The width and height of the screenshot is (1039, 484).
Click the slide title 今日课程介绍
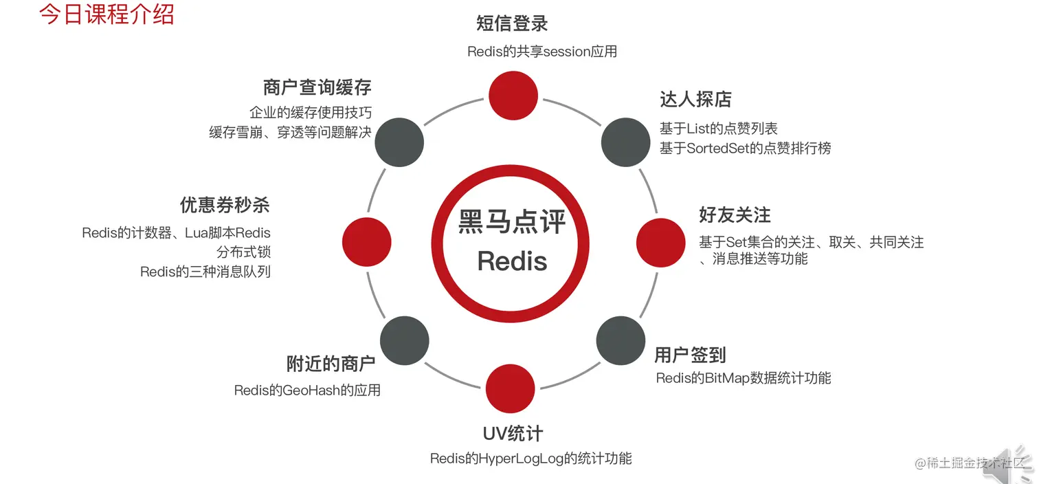coord(107,14)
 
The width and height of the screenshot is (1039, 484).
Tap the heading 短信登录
coord(512,24)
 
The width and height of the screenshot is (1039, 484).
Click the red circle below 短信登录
coord(513,93)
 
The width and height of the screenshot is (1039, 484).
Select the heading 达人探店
coord(695,100)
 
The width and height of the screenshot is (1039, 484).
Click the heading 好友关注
coord(735,215)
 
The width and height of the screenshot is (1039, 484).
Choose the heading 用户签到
coord(690,355)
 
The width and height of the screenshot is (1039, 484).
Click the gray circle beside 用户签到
coord(621,341)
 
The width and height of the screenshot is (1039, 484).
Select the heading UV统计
coord(513,434)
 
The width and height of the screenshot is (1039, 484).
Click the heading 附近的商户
coord(331,364)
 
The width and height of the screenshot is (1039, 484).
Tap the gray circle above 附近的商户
coord(405,341)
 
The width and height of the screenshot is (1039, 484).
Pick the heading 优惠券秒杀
coord(225,205)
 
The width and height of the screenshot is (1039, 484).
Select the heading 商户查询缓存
coord(317,87)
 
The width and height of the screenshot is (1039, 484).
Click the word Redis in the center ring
coord(512,261)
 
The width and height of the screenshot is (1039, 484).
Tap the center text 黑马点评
coord(512,222)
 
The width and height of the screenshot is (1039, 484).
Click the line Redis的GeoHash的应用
coord(307,390)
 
